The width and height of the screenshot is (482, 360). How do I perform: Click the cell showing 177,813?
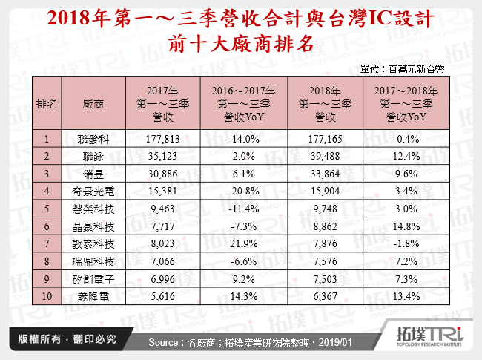[x=164, y=137]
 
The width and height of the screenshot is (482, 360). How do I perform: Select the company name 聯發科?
[x=93, y=137]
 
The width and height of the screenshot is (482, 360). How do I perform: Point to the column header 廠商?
[x=93, y=103]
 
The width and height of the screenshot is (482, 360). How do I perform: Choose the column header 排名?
[x=47, y=103]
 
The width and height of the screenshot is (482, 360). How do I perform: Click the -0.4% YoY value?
[x=403, y=137]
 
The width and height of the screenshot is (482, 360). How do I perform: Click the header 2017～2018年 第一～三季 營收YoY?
[x=403, y=103]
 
